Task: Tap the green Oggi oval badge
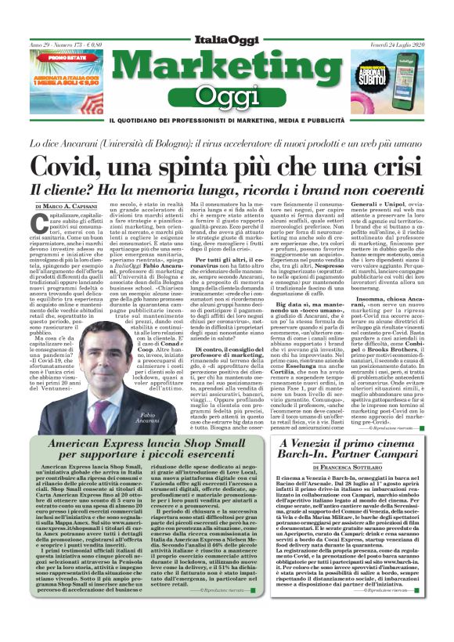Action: [227, 96]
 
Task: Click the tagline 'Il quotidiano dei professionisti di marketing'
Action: [227, 121]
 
